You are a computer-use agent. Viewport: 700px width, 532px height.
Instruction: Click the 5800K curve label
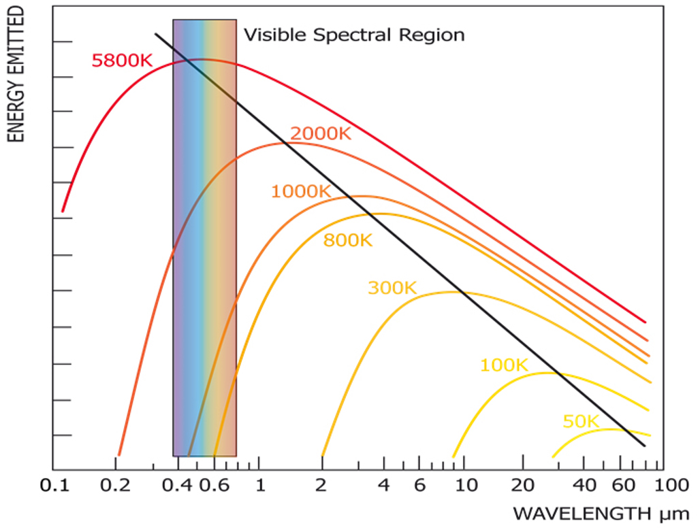point(122,61)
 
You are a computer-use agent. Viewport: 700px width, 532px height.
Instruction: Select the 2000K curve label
point(320,134)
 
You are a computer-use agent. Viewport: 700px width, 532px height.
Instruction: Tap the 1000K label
point(300,192)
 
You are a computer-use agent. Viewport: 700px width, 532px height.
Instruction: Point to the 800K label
point(348,240)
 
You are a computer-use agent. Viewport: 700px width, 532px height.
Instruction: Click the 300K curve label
point(392,288)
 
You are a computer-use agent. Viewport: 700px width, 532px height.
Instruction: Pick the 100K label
point(504,365)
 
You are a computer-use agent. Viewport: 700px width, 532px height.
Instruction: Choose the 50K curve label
point(580,422)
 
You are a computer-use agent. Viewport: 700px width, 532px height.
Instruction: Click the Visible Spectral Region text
point(354,35)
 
